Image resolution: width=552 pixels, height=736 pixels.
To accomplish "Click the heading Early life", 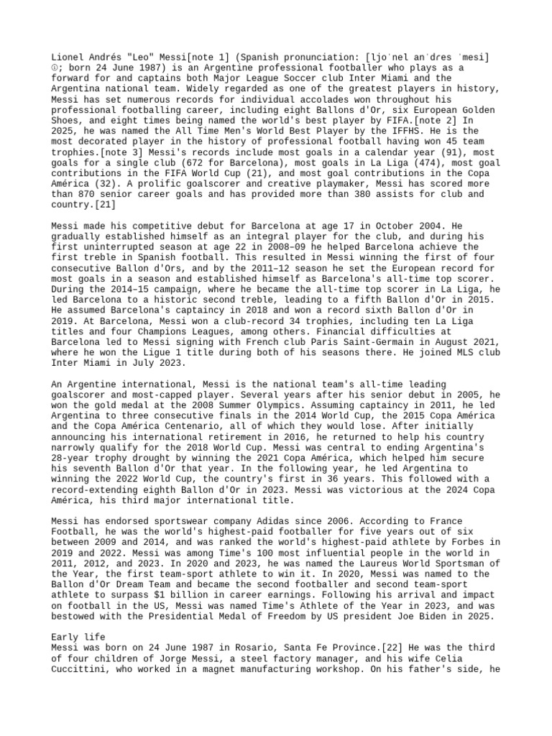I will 78,637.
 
